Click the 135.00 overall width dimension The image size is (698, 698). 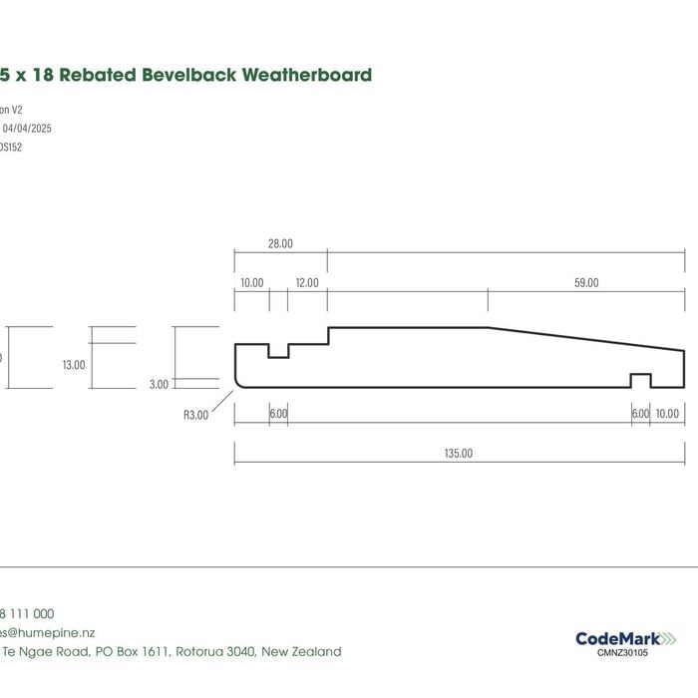coord(459,454)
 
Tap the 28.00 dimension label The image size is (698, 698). coord(280,244)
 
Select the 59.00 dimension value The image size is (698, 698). coord(586,283)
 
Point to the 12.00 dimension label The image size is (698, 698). coord(307,283)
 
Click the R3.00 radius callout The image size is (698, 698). coord(195,415)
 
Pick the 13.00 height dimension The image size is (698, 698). coord(74,365)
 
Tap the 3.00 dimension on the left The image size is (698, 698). coord(160,384)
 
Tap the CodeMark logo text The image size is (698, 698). coord(611,638)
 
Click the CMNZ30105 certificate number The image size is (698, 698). coord(622,653)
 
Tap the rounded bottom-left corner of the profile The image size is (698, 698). coord(239,383)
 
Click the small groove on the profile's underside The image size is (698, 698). coord(640,380)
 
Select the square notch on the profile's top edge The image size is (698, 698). coord(278,350)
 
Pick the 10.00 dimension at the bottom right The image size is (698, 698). coord(667,414)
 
